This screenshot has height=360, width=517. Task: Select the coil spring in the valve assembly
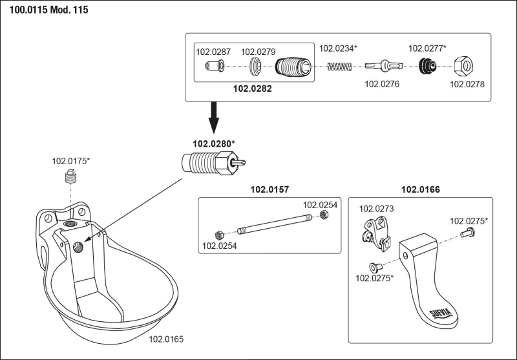click(339, 66)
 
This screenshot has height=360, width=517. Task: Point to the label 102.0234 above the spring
click(339, 47)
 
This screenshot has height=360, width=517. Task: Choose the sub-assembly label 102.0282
click(251, 89)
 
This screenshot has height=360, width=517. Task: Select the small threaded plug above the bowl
click(69, 176)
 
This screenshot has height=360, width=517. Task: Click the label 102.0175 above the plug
click(71, 158)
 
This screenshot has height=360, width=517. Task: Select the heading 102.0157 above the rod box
click(269, 189)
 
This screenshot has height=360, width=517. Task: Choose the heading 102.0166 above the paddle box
click(421, 189)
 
